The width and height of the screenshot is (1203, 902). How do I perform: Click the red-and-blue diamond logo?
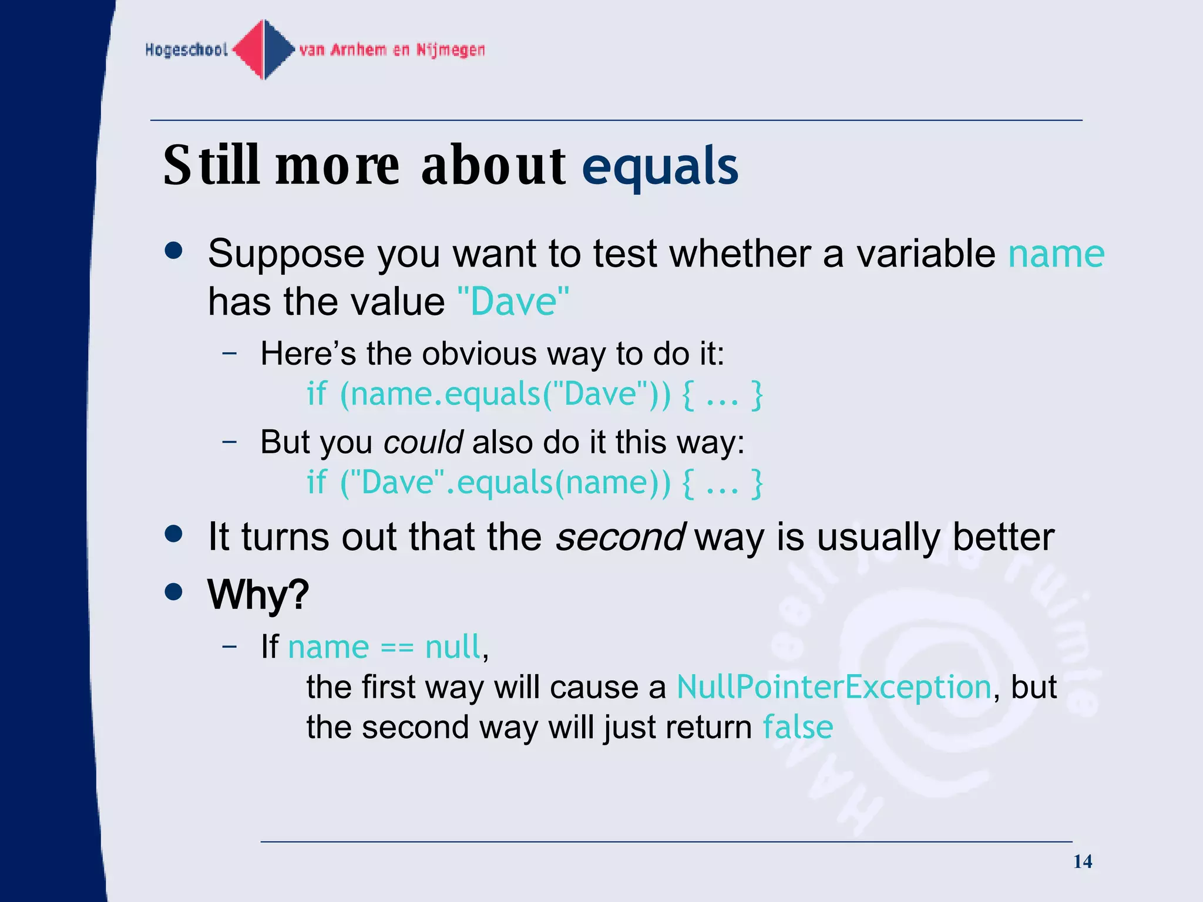(264, 49)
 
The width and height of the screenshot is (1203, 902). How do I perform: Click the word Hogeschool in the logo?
(186, 50)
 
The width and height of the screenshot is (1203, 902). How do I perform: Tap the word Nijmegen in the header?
(451, 50)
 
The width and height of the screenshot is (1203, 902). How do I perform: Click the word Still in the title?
(211, 166)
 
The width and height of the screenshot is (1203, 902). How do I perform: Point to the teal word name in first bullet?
(1056, 254)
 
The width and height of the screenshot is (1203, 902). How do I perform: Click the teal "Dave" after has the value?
(513, 302)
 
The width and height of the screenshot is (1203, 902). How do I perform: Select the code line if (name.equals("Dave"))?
(534, 394)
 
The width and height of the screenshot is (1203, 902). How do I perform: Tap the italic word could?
(423, 442)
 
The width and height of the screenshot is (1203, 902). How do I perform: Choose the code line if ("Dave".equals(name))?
(534, 483)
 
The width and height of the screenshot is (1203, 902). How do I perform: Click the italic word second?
(620, 537)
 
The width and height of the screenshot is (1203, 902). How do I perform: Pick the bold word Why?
(258, 595)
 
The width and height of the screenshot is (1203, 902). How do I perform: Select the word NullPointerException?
(834, 687)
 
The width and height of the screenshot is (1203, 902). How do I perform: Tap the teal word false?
(798, 728)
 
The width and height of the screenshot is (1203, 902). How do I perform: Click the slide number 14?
(1082, 861)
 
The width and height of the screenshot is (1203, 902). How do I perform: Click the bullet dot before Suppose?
(174, 251)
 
